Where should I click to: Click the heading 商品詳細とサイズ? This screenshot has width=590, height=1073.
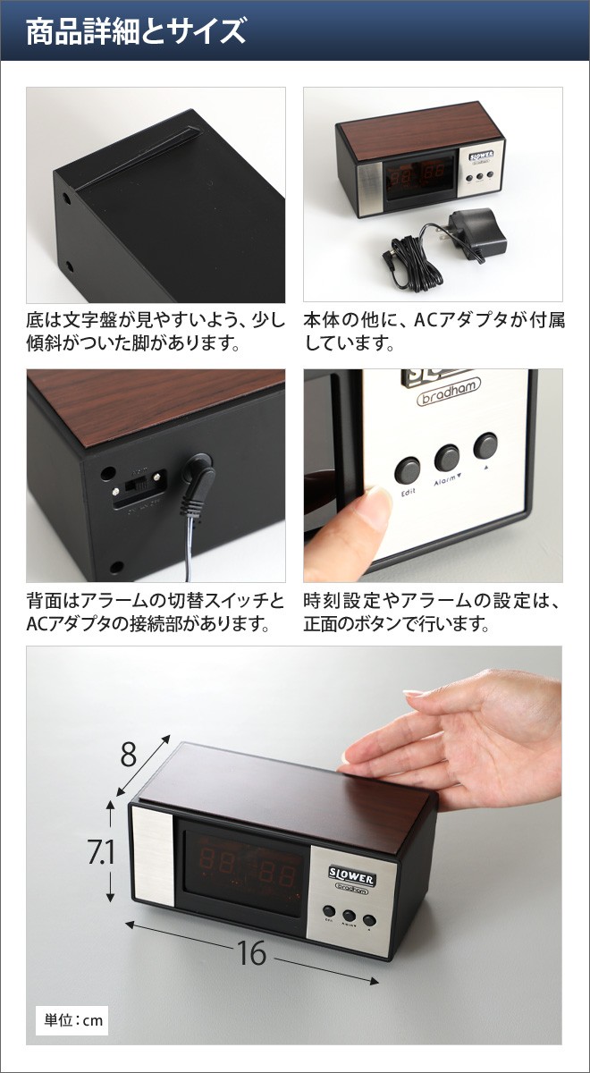(135, 32)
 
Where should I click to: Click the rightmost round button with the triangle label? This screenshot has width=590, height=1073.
(485, 444)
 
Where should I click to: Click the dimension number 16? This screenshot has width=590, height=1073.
(252, 953)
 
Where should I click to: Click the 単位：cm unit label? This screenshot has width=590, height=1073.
(73, 1020)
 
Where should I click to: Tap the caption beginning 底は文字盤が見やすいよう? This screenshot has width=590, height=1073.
(156, 331)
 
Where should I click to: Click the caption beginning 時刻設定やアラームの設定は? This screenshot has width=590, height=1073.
(433, 612)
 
